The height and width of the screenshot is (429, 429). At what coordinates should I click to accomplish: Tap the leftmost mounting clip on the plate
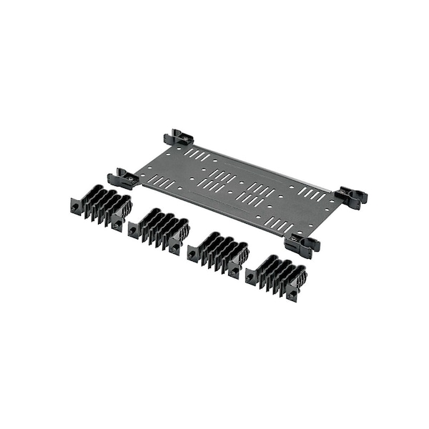[x=123, y=178]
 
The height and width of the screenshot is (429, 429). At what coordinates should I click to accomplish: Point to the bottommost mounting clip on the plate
[x=302, y=246]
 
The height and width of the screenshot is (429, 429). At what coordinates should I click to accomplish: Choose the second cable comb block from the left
[x=159, y=230]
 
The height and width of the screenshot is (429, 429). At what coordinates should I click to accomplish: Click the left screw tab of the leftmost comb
[x=75, y=207]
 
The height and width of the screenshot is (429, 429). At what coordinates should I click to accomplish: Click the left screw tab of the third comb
[x=192, y=252]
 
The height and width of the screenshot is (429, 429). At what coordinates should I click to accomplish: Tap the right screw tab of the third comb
[x=235, y=271]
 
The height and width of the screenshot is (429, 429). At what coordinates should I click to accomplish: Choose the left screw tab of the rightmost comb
[x=250, y=276]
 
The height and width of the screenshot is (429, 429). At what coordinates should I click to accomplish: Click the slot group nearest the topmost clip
[x=199, y=155]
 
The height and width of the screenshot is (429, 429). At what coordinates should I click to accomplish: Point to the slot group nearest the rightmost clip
[x=312, y=194]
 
